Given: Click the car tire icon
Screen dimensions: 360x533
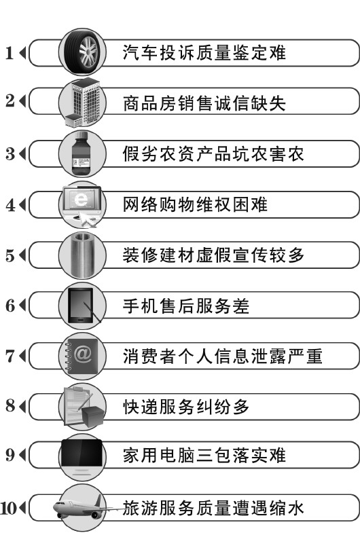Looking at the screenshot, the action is click(x=82, y=52).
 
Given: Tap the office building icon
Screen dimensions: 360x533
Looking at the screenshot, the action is click(x=83, y=103).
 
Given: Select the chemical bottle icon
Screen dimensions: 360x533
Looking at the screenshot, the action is click(x=82, y=153).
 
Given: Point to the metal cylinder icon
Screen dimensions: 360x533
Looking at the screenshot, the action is click(x=82, y=255).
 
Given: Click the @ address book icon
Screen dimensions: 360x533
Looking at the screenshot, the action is click(x=82, y=356).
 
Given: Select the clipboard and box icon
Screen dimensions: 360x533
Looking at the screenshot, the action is click(x=84, y=407).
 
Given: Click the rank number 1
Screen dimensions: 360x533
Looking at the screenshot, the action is click(x=10, y=53).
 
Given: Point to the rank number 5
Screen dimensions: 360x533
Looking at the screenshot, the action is click(x=10, y=255).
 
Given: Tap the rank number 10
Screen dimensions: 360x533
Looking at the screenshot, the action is click(x=9, y=509).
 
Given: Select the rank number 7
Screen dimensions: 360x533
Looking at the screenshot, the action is click(x=10, y=356).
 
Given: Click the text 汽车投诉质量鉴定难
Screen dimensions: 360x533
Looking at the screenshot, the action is click(x=204, y=53).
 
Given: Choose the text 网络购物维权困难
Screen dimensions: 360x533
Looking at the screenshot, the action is click(x=195, y=204).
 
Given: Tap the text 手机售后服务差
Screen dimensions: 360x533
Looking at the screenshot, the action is click(x=186, y=306).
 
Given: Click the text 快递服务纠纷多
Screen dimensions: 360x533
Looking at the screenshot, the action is click(x=186, y=407).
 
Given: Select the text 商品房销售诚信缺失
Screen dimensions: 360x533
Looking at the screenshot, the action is click(x=204, y=103).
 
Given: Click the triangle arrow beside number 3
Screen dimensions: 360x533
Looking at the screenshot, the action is click(x=22, y=153).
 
